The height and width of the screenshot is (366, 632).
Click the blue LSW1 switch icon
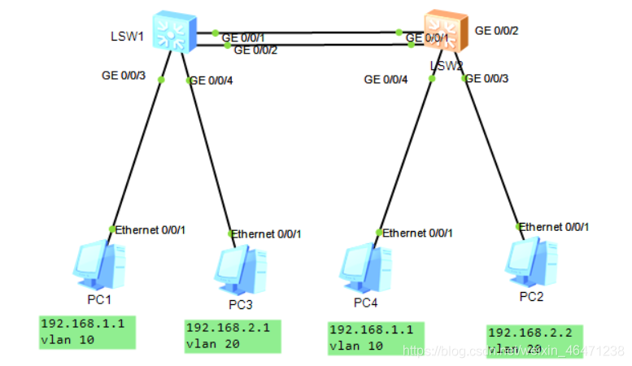tap(174, 33)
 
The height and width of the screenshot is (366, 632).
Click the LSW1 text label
tap(127, 37)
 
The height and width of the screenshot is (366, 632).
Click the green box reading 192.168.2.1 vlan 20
tap(233, 336)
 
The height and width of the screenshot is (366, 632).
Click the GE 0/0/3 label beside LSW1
tap(123, 76)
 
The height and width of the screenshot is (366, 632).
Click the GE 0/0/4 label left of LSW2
tap(386, 79)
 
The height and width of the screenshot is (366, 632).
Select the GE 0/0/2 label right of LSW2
tap(496, 31)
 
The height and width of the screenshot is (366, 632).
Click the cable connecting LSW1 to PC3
tap(210, 155)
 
